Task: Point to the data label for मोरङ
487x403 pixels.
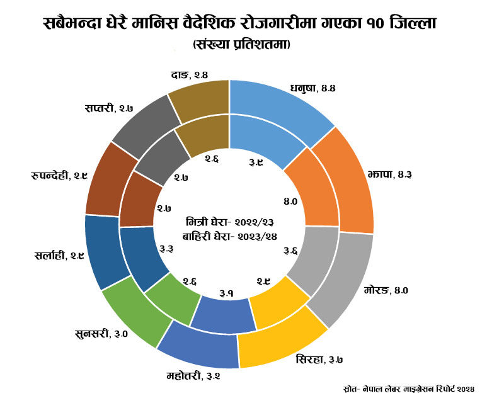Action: point(387,290)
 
